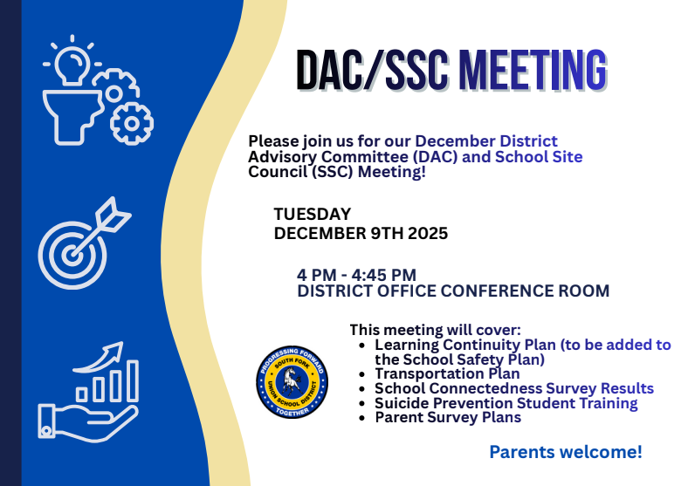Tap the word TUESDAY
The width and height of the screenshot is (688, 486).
point(313,214)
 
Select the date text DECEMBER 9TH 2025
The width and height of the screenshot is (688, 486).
point(361,233)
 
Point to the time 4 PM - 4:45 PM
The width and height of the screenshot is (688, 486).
point(356,275)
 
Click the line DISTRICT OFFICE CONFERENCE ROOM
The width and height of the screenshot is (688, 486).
point(453,291)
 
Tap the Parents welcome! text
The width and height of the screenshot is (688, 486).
point(565,452)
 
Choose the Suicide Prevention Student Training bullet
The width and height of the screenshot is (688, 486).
point(506,403)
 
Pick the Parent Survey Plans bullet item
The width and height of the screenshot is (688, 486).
point(447,417)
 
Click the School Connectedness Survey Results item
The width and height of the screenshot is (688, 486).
point(513,388)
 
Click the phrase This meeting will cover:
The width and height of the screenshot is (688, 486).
point(435,330)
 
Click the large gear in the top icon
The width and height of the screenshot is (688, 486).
point(131,123)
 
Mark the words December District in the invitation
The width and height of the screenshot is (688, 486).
point(485,141)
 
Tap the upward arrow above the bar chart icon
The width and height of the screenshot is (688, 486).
point(100,355)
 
